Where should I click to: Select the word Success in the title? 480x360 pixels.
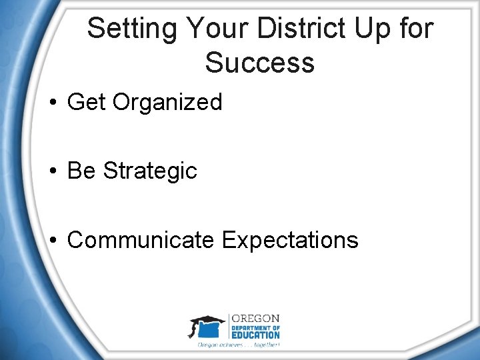[259, 63]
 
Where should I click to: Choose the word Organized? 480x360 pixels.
[167, 103]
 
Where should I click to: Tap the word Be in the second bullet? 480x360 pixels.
[82, 171]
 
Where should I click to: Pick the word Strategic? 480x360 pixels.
[151, 171]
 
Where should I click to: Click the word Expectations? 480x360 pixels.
[290, 240]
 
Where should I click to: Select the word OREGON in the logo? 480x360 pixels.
[255, 319]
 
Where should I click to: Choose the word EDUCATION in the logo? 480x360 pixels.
[255, 335]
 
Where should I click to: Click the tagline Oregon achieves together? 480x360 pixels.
[238, 345]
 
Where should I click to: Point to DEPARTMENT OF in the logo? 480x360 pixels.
[255, 327]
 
